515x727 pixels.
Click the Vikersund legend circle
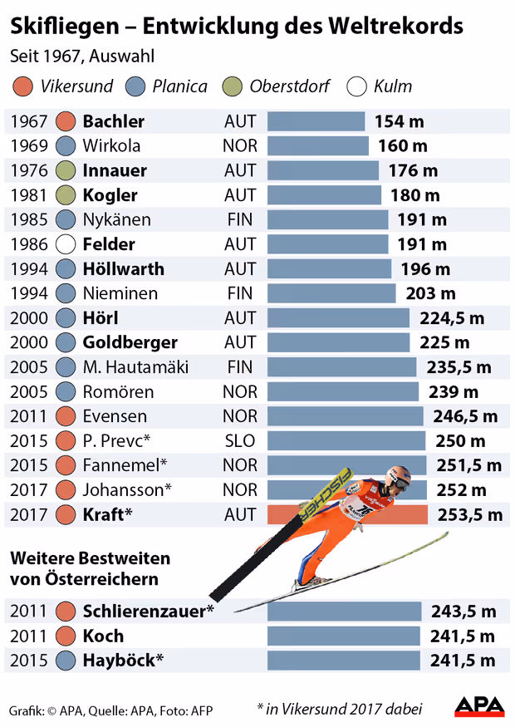coord(24,86)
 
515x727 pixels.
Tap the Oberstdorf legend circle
coord(234,86)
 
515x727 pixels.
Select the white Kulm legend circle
coord(358,86)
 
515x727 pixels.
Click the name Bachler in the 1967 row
coord(114,121)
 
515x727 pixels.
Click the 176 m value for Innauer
coord(413,171)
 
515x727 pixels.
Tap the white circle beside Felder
coord(66,245)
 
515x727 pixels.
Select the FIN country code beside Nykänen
coord(240,220)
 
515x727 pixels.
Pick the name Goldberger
coord(130,343)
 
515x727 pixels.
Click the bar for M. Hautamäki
coord(341,367)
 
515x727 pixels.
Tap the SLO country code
coord(240,441)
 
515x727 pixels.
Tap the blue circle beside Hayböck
coord(66,661)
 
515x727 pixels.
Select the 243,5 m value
coord(463,612)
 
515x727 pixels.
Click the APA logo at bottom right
coord(479,706)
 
